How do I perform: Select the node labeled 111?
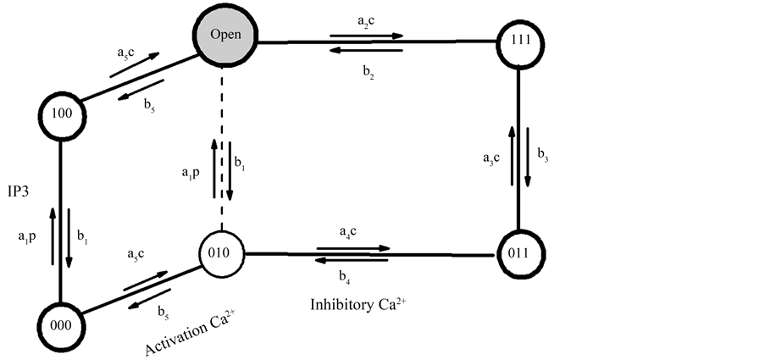pos(518,41)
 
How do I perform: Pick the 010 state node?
pos(222,252)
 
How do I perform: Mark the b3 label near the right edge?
pos(542,154)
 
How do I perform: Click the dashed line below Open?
pos(223,152)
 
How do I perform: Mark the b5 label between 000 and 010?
pos(162,313)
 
